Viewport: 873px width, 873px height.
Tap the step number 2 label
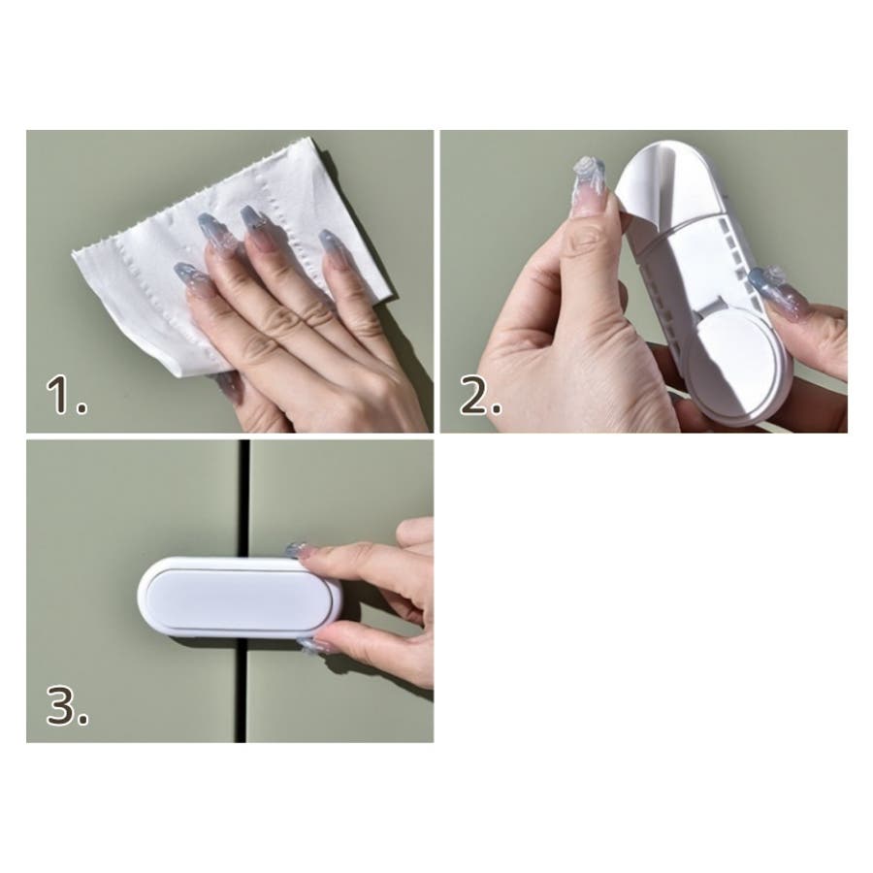[480, 396]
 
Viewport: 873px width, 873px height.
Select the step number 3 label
[67, 705]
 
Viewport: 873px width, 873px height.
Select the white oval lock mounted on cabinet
[240, 597]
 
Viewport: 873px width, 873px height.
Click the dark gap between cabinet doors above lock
[242, 499]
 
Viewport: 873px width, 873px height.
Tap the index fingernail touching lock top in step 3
[296, 550]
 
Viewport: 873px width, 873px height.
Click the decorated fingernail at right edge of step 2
[767, 285]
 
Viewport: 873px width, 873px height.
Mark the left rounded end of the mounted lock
[145, 597]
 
